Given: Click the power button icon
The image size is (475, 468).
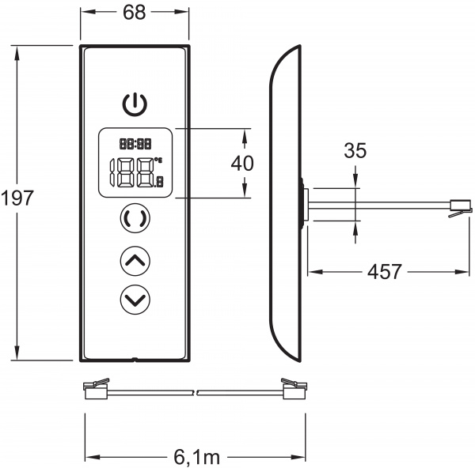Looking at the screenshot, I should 135,104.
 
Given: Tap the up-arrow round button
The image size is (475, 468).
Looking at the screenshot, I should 135,259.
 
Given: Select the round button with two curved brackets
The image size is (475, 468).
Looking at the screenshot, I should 135,219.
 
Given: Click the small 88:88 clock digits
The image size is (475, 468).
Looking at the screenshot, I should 135,144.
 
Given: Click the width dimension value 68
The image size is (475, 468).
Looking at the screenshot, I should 135,13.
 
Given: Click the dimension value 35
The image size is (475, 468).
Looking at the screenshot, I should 355,151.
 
